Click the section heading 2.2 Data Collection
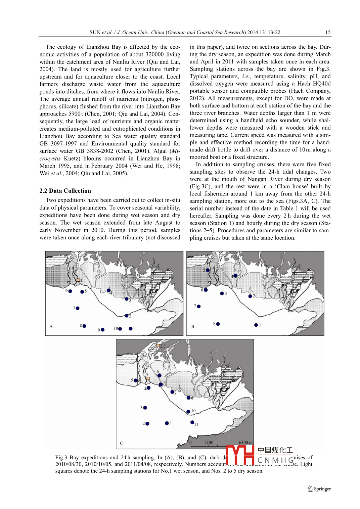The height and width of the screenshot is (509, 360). tap(65, 191)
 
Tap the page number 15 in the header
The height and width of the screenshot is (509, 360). tap(328, 32)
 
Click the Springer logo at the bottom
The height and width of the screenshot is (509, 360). tap(319, 489)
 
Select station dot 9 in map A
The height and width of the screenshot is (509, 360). tap(102, 330)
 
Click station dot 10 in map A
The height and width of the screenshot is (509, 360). tap(120, 329)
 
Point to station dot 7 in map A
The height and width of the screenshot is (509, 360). tap(78, 308)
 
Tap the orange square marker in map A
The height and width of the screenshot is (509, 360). tap(78, 280)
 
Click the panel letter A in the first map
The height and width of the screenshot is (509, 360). tap(51, 326)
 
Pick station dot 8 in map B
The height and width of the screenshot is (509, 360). tap(218, 324)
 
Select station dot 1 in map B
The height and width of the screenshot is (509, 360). tap(256, 325)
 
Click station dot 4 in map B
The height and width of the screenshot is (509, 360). tap(235, 276)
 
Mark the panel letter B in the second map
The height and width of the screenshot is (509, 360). tap(193, 326)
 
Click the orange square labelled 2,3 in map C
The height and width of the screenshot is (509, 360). tap(158, 345)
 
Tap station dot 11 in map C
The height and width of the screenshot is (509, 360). tap(192, 422)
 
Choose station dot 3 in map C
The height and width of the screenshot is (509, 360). tap(145, 408)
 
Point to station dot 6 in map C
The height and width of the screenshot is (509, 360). tap(160, 375)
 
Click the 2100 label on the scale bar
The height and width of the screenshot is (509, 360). tap(209, 443)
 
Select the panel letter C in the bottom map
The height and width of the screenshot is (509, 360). tap(122, 443)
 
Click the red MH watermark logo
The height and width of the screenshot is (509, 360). tap(240, 455)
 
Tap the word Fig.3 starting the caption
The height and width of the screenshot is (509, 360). tap(61, 458)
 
